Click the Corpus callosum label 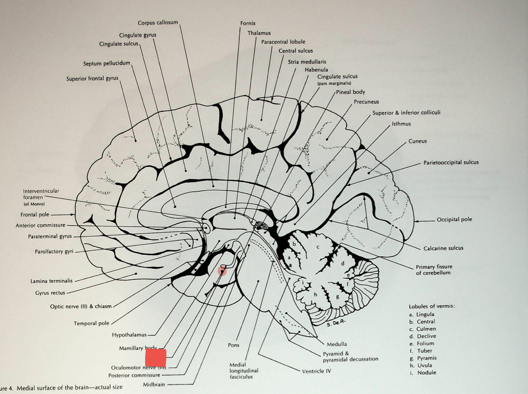[158, 23]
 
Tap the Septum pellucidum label [106, 63]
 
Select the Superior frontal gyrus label [92, 78]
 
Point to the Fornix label [248, 23]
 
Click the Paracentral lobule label [283, 41]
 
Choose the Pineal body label [351, 92]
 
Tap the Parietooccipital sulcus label [451, 162]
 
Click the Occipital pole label [454, 219]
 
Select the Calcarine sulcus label [443, 248]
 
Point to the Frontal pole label [35, 215]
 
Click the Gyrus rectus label [50, 293]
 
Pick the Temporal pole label [91, 323]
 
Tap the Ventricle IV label [317, 371]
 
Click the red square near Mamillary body [156, 358]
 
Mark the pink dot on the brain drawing [222, 271]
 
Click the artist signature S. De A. [336, 323]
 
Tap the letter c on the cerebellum [317, 247]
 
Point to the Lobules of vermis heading [432, 306]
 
